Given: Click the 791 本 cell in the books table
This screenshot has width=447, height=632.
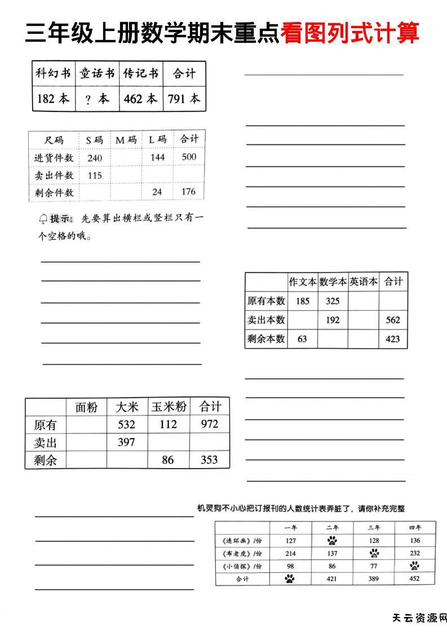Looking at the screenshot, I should point(184,99).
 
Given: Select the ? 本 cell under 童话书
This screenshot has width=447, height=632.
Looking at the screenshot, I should point(97,99).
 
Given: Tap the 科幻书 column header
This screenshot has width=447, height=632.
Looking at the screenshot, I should point(54,74).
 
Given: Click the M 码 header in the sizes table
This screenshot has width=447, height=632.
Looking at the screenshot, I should point(126,140).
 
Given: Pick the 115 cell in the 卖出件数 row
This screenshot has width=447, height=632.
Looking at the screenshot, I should point(95,175).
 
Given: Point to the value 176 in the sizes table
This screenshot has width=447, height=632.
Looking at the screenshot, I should point(188,192).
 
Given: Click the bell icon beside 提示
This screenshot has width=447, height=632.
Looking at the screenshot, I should point(43,219).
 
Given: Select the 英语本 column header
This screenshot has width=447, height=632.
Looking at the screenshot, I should point(363,282).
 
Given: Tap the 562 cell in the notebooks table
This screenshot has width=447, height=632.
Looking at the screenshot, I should point(393,320).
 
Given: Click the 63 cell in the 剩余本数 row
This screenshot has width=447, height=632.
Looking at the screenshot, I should point(302,339).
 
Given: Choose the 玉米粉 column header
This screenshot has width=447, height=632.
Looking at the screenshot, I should point(168,407).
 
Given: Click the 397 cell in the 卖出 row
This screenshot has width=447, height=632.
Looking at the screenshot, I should point(126,442).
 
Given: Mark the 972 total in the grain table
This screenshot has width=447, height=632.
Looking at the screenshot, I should point(209,424).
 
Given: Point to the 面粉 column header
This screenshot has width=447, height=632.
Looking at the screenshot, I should point(86,407).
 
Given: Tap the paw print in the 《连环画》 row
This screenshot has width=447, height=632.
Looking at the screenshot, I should point(332,541).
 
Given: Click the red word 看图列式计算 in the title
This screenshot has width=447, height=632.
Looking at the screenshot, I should point(349,34).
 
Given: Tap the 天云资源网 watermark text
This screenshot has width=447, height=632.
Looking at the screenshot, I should point(419,618).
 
